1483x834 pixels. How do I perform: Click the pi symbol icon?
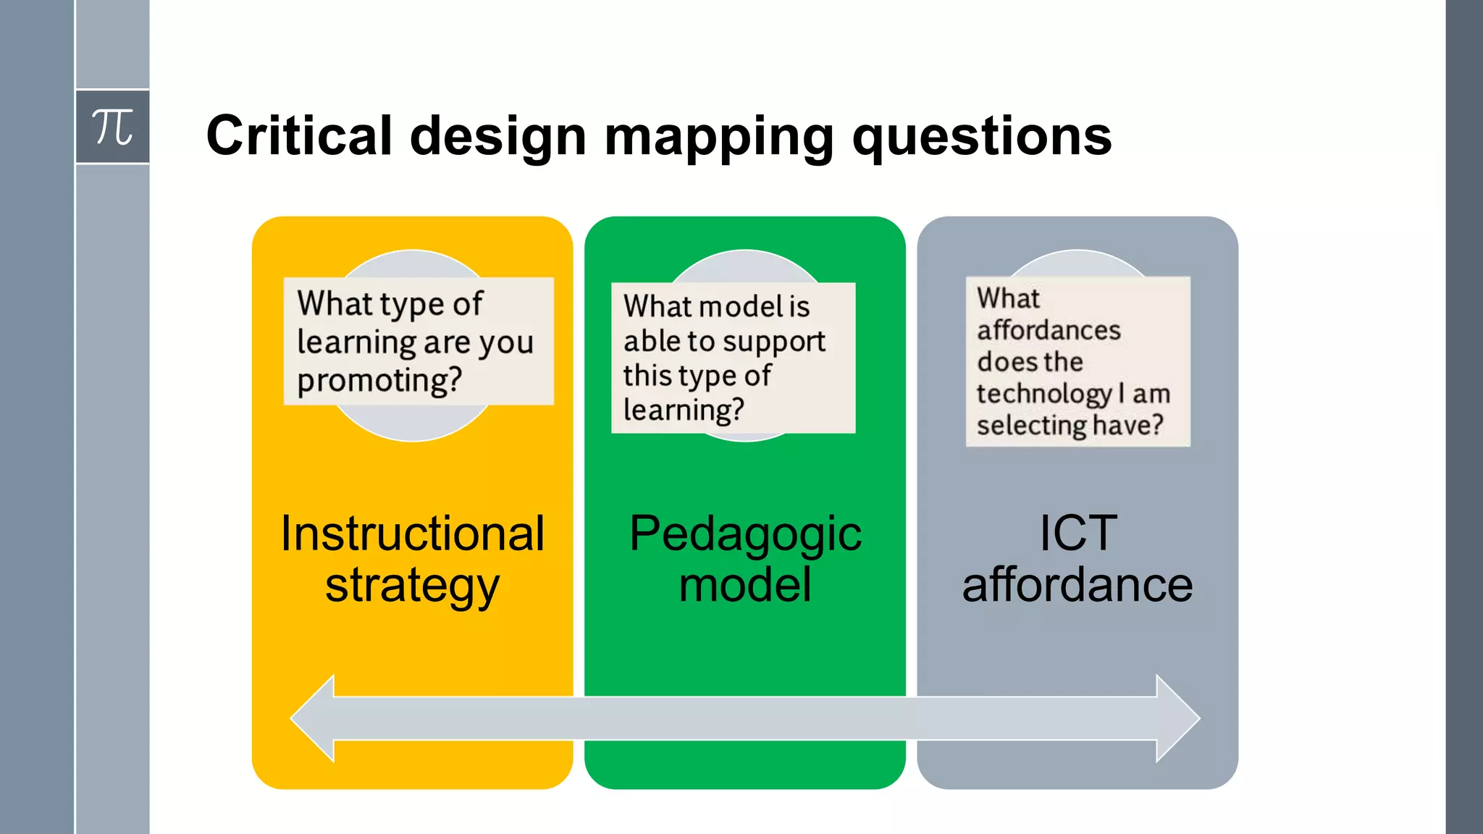[112, 127]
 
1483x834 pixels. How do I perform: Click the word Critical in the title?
[298, 135]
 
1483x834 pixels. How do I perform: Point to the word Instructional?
[412, 534]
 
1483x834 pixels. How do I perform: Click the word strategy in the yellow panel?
[412, 586]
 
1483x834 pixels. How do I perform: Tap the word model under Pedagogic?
[745, 585]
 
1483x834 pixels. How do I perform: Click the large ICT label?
[1077, 534]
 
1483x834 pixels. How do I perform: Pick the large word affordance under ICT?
[1077, 585]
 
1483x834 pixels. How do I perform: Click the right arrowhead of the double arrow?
[1178, 718]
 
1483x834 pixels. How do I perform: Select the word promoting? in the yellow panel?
[379, 380]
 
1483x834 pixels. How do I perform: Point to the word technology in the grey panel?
[1043, 394]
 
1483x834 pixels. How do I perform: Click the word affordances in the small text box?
[1049, 331]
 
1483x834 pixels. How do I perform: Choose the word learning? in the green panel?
[683, 410]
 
